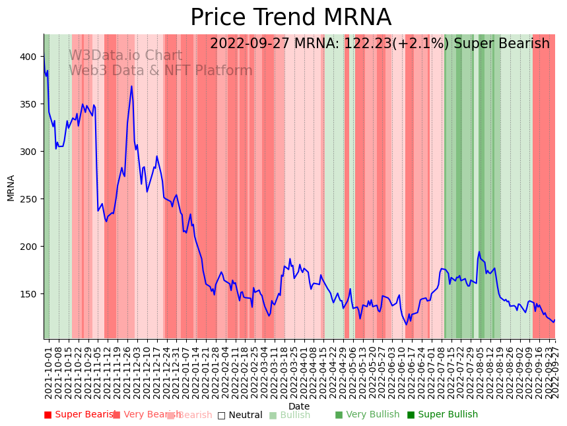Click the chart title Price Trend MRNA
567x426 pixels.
tap(290, 18)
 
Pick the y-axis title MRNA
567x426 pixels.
tap(11, 187)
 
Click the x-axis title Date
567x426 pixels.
tap(299, 406)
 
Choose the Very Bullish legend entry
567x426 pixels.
tap(367, 415)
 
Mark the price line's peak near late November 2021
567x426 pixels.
tap(131, 86)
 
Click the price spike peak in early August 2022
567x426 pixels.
tap(479, 252)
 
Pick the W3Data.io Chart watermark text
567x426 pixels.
tap(125, 55)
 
